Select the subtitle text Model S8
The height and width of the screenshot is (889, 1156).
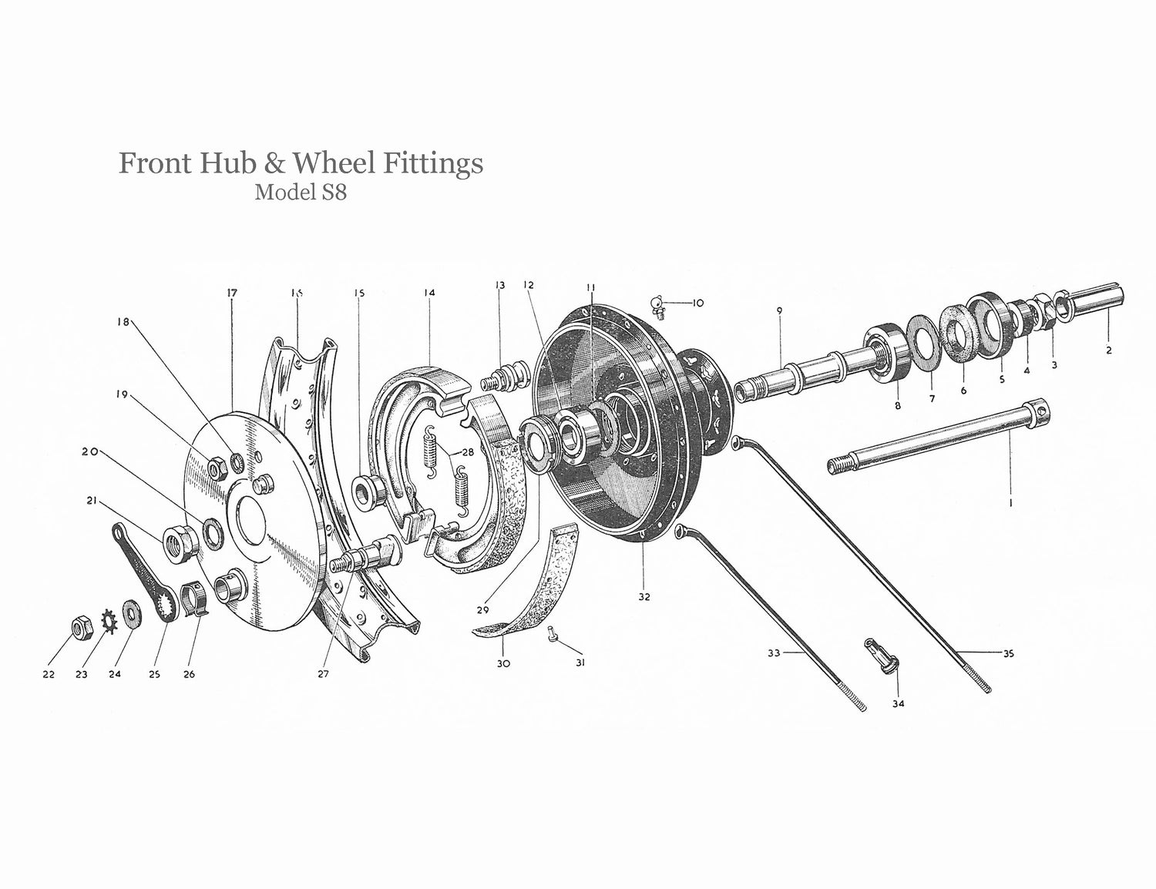coord(301,192)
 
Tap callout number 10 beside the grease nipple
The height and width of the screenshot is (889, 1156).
coord(697,303)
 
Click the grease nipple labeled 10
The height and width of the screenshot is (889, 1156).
coord(658,307)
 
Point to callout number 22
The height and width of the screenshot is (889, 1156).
coord(49,675)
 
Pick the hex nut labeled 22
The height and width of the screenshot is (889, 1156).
coord(80,629)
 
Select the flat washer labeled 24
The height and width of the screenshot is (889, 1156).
coord(129,613)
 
